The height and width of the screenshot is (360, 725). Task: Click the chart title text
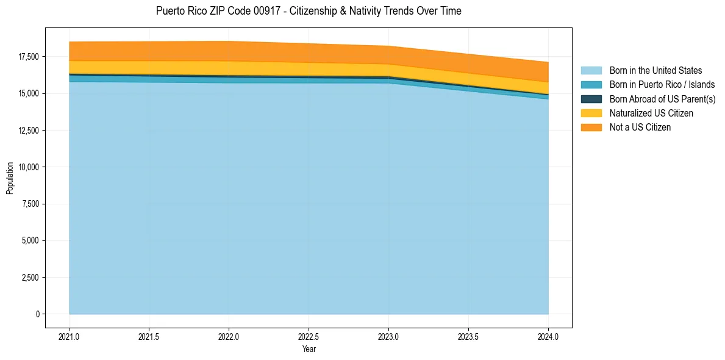point(309,11)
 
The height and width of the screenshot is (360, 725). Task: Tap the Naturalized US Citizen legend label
point(651,113)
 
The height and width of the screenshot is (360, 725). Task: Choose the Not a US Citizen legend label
point(640,128)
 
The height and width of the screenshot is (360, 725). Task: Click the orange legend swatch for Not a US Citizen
point(591,128)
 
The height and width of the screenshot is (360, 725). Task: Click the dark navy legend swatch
point(591,99)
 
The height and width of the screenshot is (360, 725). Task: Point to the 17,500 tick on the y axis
point(29,57)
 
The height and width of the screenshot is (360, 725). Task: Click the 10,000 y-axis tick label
point(29,167)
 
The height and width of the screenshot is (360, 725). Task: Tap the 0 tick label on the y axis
point(37,314)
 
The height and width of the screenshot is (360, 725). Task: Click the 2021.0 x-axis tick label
point(70,336)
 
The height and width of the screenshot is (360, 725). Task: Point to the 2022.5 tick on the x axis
point(309,336)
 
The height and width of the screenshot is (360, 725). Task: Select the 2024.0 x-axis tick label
point(548,336)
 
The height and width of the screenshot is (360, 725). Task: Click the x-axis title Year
point(309,349)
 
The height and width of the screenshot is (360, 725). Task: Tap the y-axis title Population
point(10,178)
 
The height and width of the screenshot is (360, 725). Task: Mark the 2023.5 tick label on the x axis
point(468,336)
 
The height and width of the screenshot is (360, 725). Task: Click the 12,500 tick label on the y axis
point(29,131)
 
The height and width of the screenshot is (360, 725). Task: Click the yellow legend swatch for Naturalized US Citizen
point(591,113)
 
